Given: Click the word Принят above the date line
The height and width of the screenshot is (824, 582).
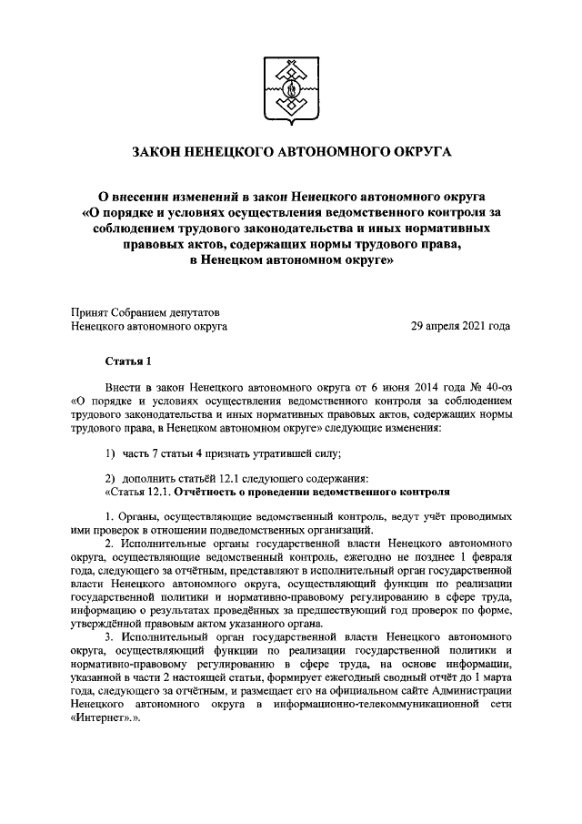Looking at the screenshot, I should click(91, 310).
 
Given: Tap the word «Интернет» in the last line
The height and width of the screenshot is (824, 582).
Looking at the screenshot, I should click(97, 717).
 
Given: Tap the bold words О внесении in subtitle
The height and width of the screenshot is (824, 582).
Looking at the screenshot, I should click(137, 195).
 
